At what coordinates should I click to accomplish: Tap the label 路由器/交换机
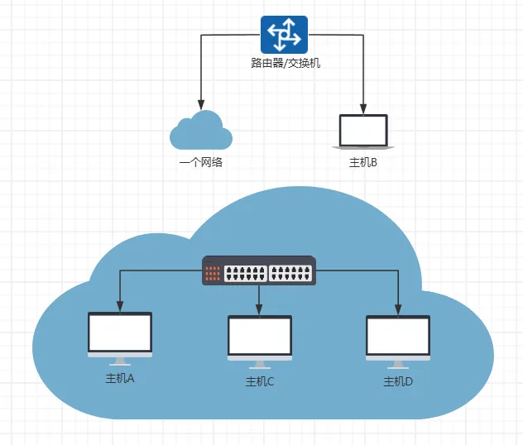point(285,62)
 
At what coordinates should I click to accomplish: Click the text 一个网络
point(200,162)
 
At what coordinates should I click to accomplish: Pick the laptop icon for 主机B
point(363,132)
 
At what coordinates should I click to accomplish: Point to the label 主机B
point(363,162)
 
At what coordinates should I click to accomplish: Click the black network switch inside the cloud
point(260,270)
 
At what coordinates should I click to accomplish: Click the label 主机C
point(260,382)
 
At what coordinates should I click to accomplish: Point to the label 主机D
point(398,382)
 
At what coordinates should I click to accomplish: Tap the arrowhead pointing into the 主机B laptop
point(363,108)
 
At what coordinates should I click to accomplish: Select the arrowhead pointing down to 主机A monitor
point(121,308)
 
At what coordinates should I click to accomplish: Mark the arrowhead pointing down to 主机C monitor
point(260,309)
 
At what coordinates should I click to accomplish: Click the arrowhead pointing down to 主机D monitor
point(398,309)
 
